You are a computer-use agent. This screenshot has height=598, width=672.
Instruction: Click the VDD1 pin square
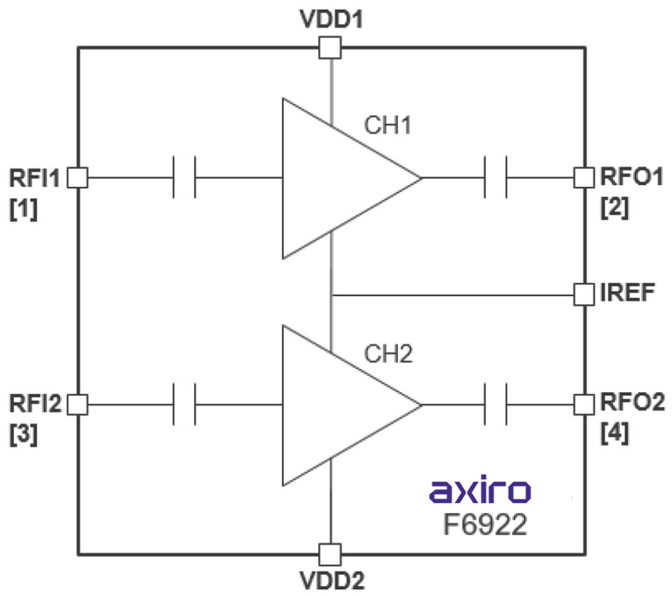pyautogui.click(x=330, y=47)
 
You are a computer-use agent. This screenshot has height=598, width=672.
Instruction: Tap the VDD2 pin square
pyautogui.click(x=330, y=554)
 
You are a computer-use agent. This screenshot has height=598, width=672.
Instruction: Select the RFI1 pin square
pyautogui.click(x=77, y=177)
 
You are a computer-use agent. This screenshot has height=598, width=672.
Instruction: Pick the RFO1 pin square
pyautogui.click(x=584, y=177)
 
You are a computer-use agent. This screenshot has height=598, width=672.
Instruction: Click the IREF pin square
pyautogui.click(x=584, y=295)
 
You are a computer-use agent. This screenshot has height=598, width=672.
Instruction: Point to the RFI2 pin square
pyautogui.click(x=77, y=404)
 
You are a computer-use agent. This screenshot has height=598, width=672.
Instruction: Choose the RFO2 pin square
pyautogui.click(x=584, y=404)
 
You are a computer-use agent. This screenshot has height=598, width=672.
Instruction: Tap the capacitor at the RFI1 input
pyautogui.click(x=184, y=177)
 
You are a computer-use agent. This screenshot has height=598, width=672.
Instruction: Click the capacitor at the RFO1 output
pyautogui.click(x=496, y=177)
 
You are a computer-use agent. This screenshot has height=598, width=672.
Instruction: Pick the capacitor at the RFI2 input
pyautogui.click(x=184, y=404)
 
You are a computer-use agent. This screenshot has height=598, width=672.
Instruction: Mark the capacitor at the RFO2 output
pyautogui.click(x=496, y=404)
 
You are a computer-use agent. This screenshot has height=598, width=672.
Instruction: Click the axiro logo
pyautogui.click(x=480, y=492)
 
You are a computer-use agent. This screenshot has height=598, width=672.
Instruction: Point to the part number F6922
pyautogui.click(x=486, y=525)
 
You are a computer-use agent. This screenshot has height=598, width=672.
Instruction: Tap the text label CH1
pyautogui.click(x=387, y=125)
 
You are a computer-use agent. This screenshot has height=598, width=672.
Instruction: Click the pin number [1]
pyautogui.click(x=23, y=209)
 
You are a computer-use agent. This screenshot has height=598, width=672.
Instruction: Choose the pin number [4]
pyautogui.click(x=614, y=435)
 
